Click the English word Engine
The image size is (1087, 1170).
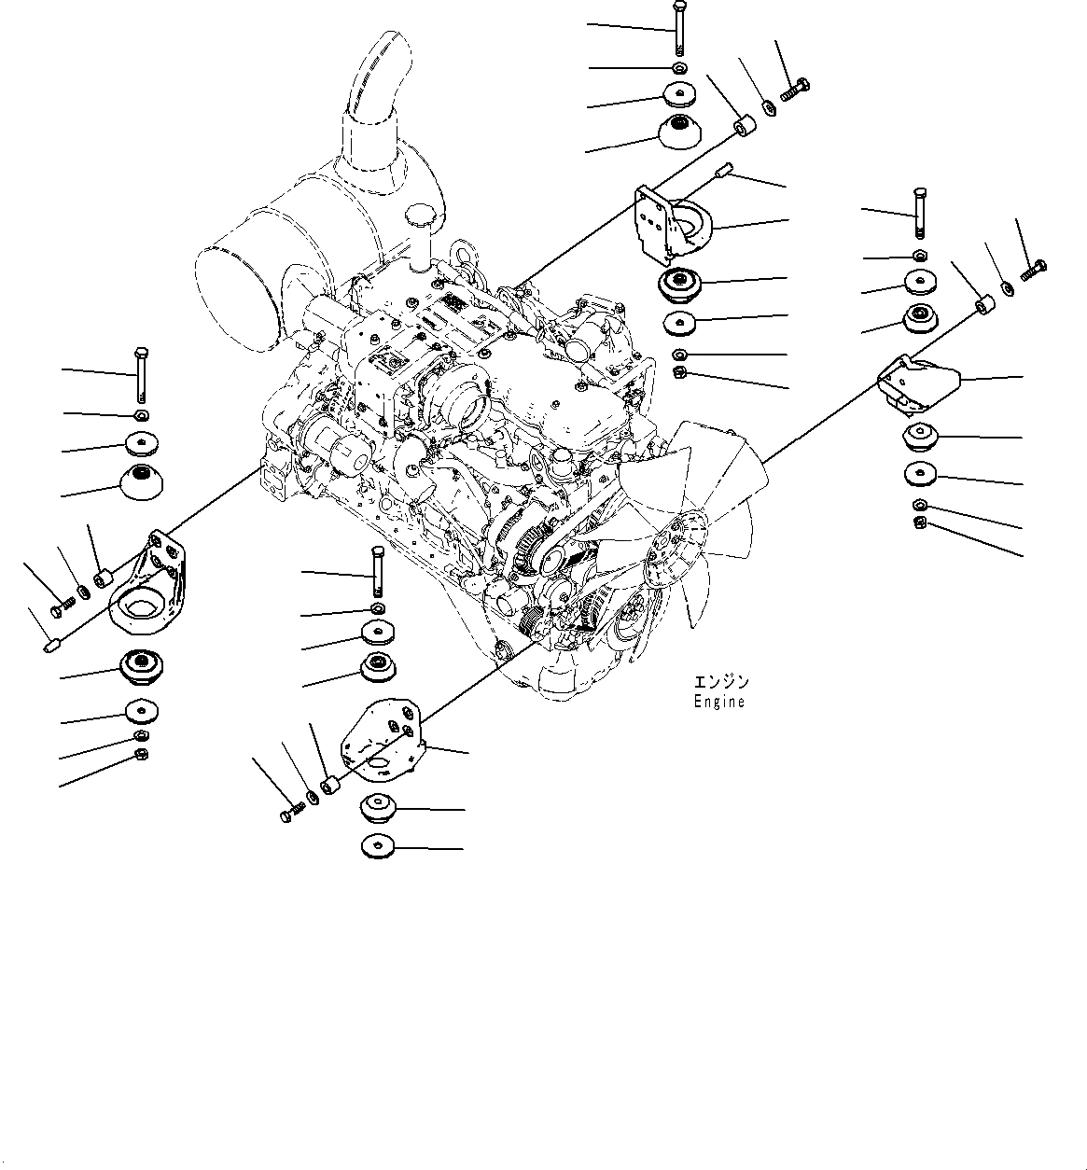pos(718,702)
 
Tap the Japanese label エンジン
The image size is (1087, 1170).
pos(721,682)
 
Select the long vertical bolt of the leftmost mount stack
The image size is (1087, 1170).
pos(140,373)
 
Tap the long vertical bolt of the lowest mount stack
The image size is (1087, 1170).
pos(377,570)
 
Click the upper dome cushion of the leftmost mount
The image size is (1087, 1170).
pos(141,483)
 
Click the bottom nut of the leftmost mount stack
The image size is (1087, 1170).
pos(141,753)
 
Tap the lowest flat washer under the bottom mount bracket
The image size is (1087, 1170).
pos(378,847)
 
